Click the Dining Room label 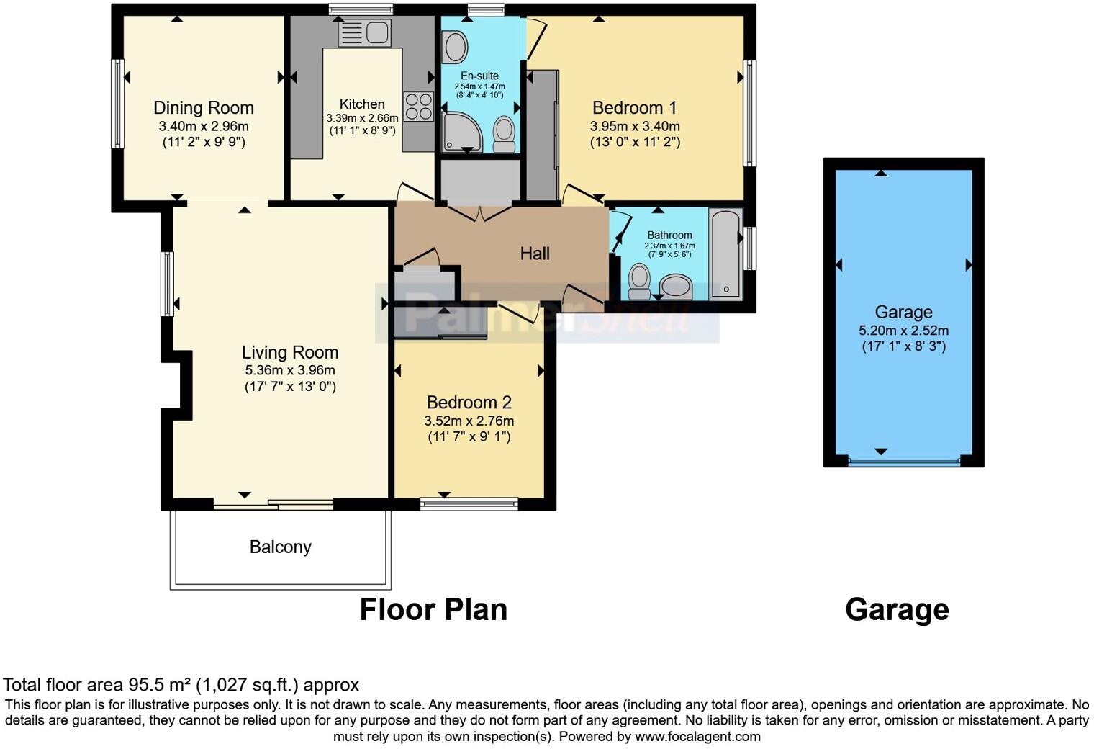(204, 108)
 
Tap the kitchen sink (364, 32)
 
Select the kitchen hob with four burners (418, 107)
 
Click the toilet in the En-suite (505, 135)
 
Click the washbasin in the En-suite (454, 48)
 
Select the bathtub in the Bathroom (725, 254)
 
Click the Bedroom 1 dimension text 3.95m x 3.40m (635, 126)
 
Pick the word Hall (535, 254)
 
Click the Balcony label (281, 547)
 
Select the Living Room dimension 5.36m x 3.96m (290, 370)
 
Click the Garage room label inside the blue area (903, 313)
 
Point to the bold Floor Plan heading (433, 610)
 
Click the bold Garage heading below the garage (897, 610)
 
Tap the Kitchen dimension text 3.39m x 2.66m (362, 118)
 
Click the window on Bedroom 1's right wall (749, 114)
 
